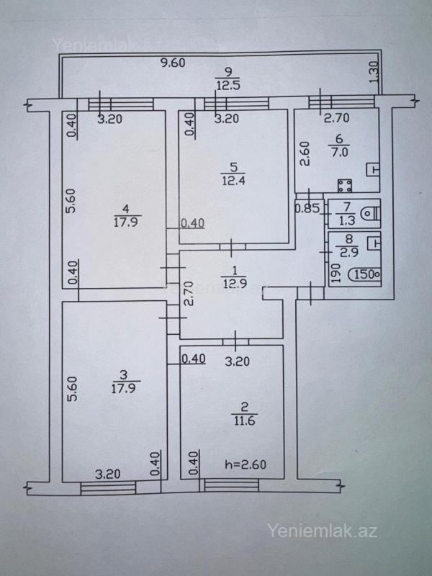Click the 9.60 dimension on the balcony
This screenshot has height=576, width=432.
tap(174, 63)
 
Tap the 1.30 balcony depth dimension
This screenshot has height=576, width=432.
tap(374, 72)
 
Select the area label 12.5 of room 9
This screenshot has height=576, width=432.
tap(228, 86)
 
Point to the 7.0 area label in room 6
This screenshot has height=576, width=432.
tap(340, 152)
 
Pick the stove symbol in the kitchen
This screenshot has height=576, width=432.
tap(345, 186)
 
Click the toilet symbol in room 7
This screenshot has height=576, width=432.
tap(370, 213)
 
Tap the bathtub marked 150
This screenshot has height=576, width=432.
tap(364, 274)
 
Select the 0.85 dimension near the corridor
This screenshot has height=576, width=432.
tap(307, 208)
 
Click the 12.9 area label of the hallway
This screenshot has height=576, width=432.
tap(234, 283)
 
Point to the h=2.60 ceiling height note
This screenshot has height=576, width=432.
tap(246, 464)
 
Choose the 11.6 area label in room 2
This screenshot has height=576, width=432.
tap(244, 420)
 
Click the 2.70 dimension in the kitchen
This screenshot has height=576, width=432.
tap(336, 118)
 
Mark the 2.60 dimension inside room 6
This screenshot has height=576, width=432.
tap(305, 154)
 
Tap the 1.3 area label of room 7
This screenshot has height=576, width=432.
tap(346, 220)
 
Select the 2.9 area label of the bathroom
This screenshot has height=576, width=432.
tap(349, 253)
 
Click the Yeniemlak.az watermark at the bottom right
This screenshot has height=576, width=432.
tap(322, 531)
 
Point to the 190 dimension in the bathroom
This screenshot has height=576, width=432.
tap(334, 274)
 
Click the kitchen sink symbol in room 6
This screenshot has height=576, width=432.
tap(373, 170)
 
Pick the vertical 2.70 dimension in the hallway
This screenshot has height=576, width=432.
tap(188, 293)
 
